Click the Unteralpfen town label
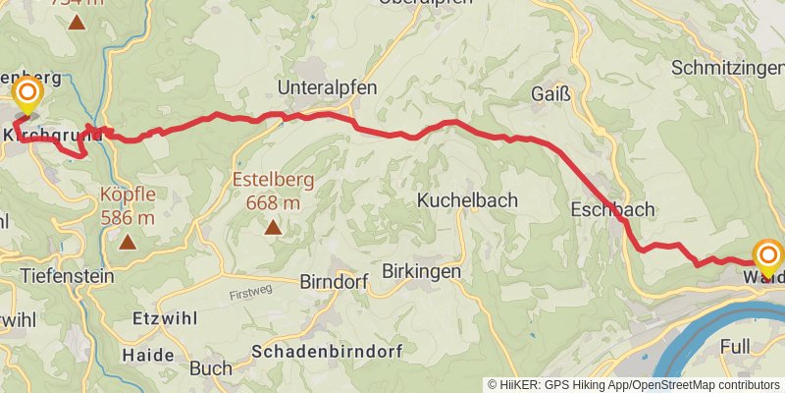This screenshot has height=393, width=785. [x=328, y=87]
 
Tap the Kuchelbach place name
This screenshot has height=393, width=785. [x=468, y=199]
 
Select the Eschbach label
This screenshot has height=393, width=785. [x=611, y=209]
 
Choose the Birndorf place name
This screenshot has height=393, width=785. [x=329, y=282]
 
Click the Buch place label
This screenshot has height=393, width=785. [x=211, y=368]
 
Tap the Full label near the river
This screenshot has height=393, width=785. [x=735, y=347]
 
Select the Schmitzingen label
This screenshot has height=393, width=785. [x=727, y=68]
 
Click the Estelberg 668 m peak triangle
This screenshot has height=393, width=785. [x=272, y=228]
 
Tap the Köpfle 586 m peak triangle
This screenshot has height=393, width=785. [x=128, y=241]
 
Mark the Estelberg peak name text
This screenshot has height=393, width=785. [x=266, y=181]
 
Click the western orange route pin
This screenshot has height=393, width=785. [x=26, y=95]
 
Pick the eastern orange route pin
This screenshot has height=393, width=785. [x=767, y=256]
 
